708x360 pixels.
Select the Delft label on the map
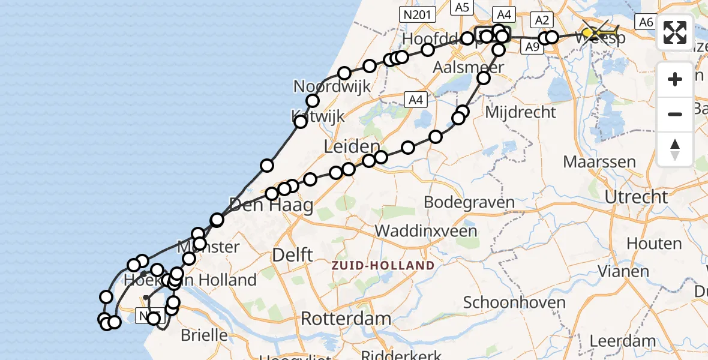click(x=293, y=254)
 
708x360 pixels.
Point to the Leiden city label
click(x=352, y=146)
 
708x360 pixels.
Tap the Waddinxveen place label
click(x=426, y=231)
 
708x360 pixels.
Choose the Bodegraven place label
click(x=469, y=202)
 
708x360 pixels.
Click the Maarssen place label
click(x=591, y=161)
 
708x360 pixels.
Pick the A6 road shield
click(x=646, y=22)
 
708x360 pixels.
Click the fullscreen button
click(x=675, y=32)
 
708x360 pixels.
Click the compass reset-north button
click(x=675, y=149)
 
